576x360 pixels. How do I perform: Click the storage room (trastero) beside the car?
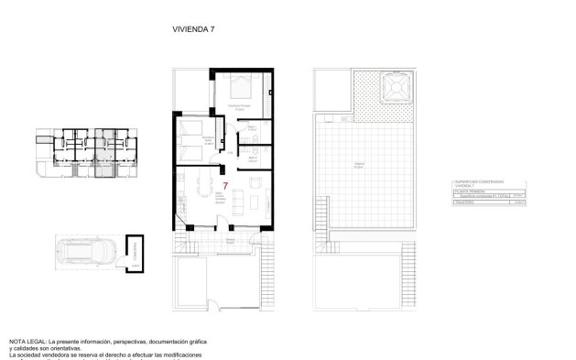[x=134, y=250]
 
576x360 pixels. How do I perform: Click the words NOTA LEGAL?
[x=28, y=340]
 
